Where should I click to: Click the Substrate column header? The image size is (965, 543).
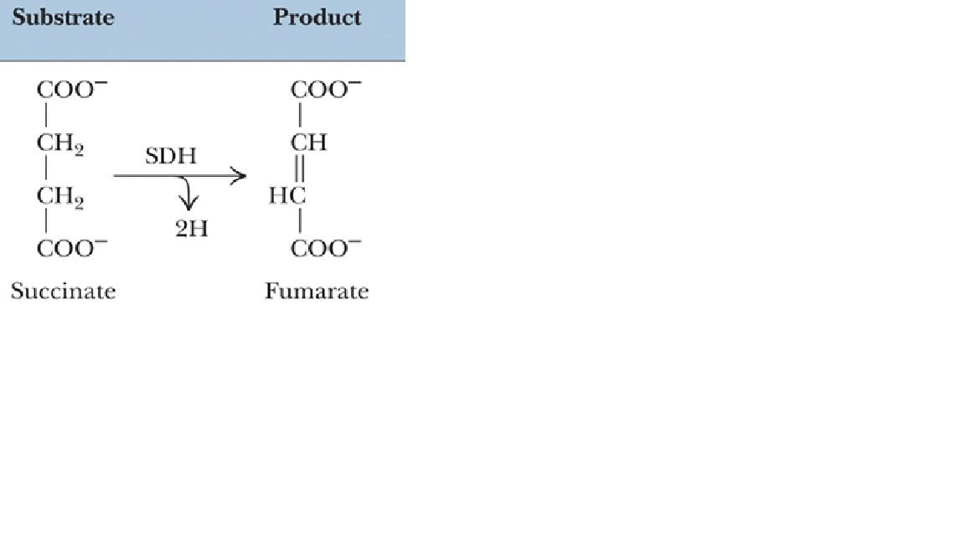(x=63, y=18)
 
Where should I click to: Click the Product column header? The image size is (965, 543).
(x=317, y=18)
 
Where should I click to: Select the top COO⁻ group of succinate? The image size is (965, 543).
(x=71, y=90)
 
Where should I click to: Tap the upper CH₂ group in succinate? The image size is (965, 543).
(x=59, y=143)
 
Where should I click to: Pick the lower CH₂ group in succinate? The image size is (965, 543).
(x=59, y=198)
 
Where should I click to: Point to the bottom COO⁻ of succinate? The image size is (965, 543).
(x=71, y=249)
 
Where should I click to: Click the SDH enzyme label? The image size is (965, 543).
(x=171, y=157)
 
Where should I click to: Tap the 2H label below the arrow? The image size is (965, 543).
(x=191, y=229)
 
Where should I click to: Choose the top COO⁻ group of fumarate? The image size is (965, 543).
(x=326, y=90)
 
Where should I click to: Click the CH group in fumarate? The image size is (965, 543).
(x=308, y=143)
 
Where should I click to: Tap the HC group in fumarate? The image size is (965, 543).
(x=287, y=196)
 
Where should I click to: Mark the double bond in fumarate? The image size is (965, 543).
(x=299, y=169)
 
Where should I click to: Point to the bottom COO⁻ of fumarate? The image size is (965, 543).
(x=326, y=249)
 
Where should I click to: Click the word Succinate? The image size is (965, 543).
(x=63, y=292)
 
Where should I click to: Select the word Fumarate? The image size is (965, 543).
(x=317, y=292)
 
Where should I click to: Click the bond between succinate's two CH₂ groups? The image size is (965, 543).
(x=46, y=170)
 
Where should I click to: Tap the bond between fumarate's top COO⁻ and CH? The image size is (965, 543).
(x=299, y=116)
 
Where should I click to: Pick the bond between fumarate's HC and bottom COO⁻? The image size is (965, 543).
(x=299, y=223)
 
